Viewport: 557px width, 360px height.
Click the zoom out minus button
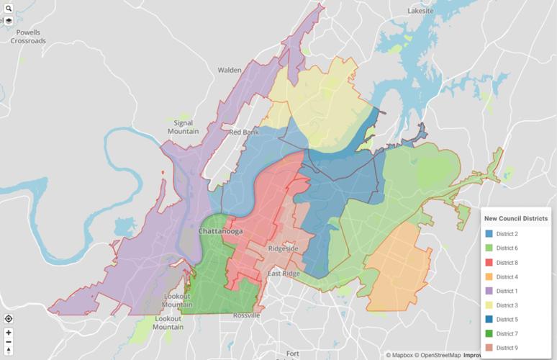[x=9, y=342]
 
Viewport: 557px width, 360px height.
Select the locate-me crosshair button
[x=9, y=318]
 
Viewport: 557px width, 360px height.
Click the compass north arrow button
[x=9, y=351]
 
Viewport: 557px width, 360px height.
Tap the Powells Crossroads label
[x=28, y=37]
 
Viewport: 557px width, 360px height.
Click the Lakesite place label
[x=421, y=12]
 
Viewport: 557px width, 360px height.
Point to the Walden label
[x=230, y=70]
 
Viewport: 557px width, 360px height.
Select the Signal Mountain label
[x=183, y=127]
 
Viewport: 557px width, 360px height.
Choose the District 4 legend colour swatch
[x=489, y=276]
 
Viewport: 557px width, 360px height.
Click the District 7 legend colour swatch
[x=489, y=333]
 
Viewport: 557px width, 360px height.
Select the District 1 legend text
[x=507, y=291]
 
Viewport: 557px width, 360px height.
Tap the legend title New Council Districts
[x=515, y=219]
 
